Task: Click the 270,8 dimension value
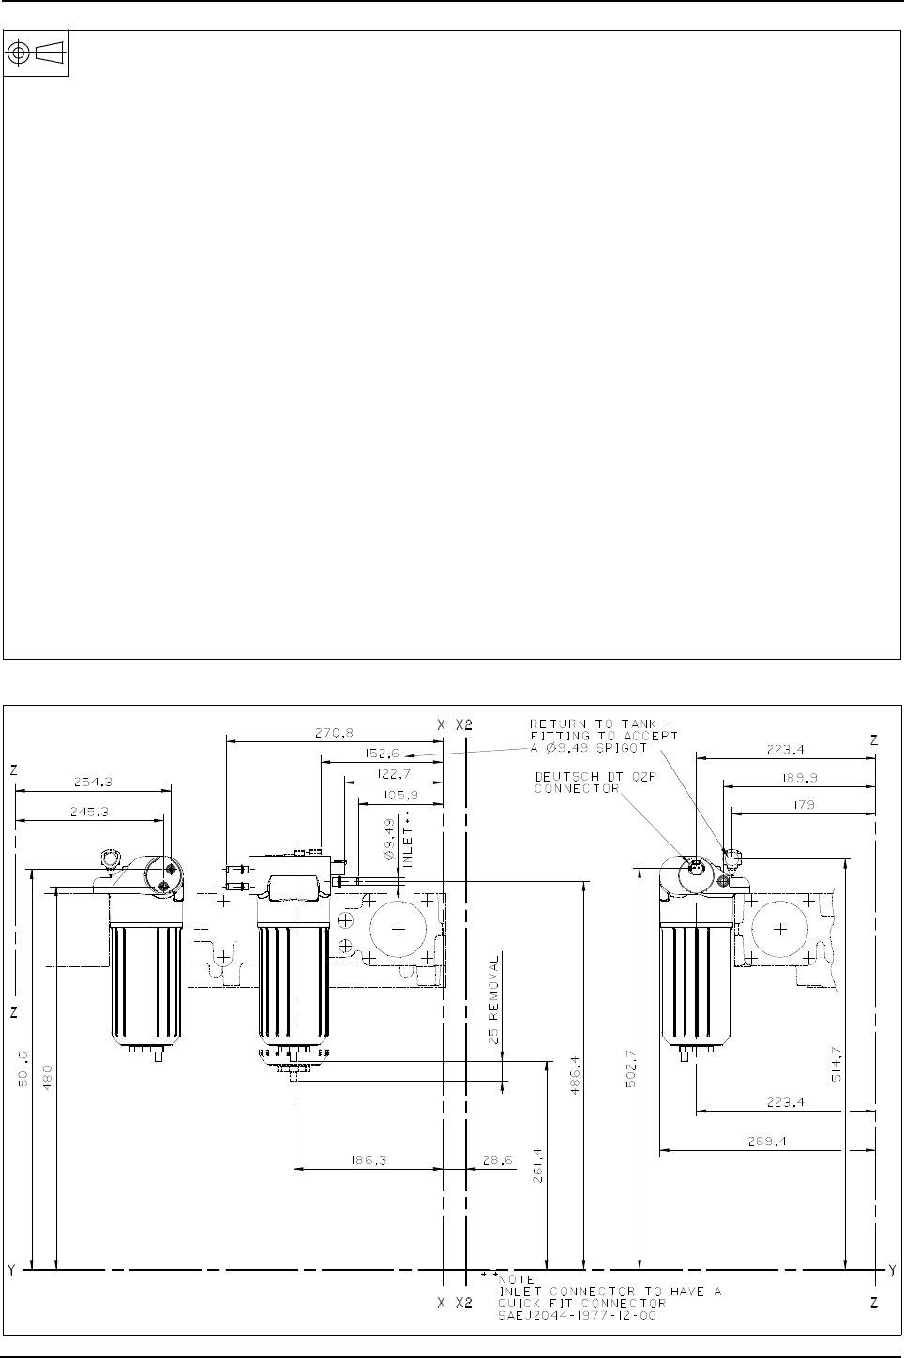[334, 733]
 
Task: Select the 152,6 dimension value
[383, 754]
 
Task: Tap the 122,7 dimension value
[397, 774]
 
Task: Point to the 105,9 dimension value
[401, 795]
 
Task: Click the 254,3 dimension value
[93, 782]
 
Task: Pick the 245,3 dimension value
[89, 812]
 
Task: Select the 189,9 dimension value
[798, 778]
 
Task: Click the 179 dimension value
[804, 805]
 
